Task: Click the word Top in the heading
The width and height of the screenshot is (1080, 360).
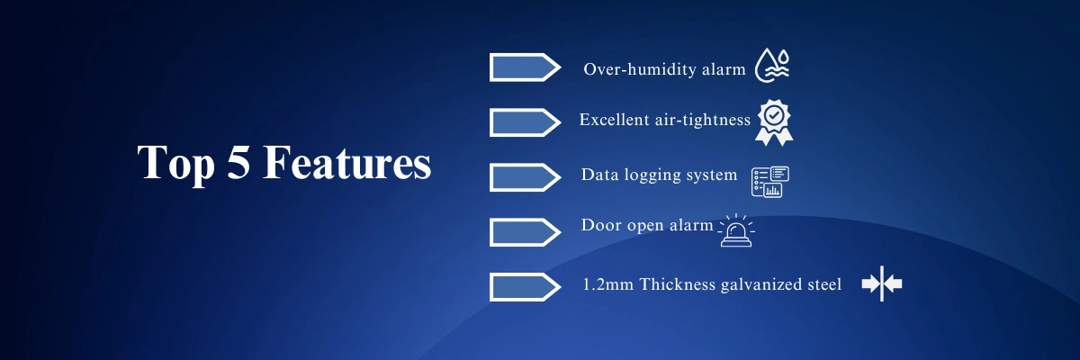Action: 176,162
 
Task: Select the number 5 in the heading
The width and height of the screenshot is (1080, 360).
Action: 238,161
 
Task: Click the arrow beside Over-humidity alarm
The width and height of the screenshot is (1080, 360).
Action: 525,67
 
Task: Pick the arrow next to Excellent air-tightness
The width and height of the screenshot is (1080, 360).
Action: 525,122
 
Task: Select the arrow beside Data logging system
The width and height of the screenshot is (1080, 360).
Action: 525,177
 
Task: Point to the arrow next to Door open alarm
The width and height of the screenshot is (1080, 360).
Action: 525,232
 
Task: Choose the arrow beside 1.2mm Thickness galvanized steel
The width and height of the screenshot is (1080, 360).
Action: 525,287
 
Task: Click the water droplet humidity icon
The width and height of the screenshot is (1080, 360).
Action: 772,65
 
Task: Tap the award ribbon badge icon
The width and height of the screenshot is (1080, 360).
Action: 774,122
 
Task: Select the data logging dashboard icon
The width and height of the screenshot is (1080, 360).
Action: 770,182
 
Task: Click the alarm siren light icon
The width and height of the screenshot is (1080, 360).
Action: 736,230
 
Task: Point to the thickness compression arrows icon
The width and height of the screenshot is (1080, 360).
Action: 882,283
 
